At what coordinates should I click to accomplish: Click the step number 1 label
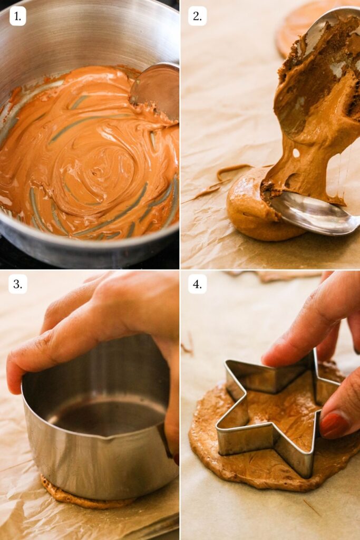pos(17,16)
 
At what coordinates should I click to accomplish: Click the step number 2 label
pos(197,16)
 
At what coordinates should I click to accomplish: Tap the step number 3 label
pos(17,284)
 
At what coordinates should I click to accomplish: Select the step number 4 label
pos(197,284)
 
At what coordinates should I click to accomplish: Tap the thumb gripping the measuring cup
pos(32,364)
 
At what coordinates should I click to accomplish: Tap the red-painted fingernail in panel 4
pos(334,424)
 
